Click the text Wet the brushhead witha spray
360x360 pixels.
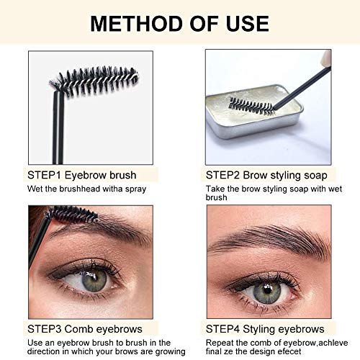pos(87,189)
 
